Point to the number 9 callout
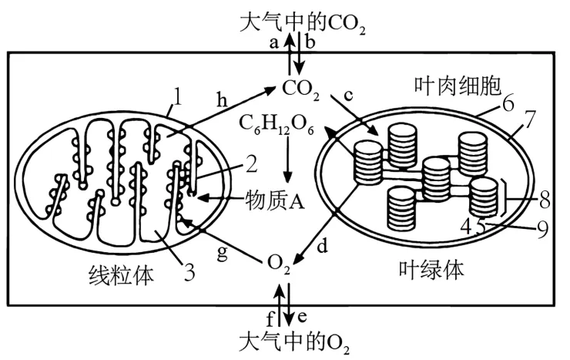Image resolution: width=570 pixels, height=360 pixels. click(x=543, y=228)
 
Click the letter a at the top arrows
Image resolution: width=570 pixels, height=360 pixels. click(x=273, y=44)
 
